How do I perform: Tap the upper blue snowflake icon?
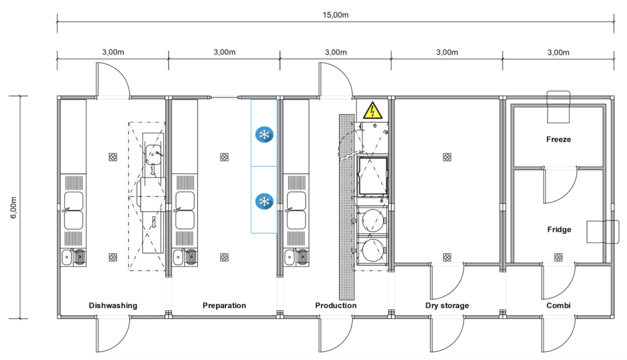point(265,135)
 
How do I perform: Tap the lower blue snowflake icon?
point(265,201)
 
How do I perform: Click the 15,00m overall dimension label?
point(336,15)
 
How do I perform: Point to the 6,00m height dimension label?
point(14,208)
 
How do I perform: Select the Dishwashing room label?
point(113,306)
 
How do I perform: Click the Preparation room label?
point(224,306)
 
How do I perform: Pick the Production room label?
point(336,306)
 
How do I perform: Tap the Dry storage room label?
point(447,306)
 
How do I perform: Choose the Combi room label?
point(558,306)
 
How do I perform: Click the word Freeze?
point(558,139)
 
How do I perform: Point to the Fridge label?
point(559,230)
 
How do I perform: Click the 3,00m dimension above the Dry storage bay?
point(447,53)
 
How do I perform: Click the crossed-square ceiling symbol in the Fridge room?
point(558,257)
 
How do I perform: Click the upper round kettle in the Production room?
point(372,220)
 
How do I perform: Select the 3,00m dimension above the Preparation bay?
point(224,53)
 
